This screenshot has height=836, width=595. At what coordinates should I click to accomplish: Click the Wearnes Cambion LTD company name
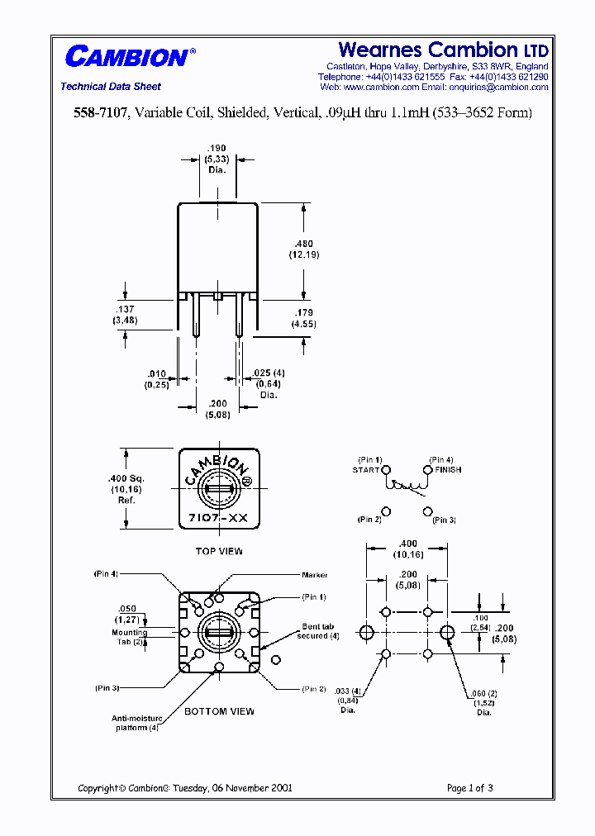pos(444,50)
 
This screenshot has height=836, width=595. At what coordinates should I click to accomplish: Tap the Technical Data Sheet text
pos(111,87)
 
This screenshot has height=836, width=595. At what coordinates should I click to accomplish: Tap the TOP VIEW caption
pos(218,551)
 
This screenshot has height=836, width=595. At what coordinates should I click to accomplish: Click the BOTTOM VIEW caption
pos(219,711)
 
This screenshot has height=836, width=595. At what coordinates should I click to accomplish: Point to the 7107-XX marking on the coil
pos(219,518)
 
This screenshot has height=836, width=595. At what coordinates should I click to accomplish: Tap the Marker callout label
pos(314,575)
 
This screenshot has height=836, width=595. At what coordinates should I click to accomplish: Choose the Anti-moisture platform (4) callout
pos(136,723)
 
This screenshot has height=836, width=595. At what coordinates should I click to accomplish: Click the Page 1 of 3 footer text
pos(469,788)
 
